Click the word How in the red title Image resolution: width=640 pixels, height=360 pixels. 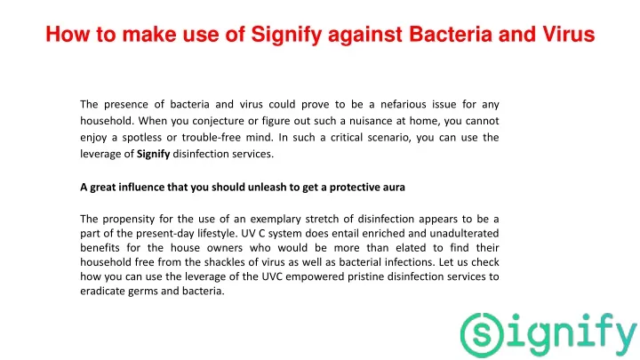[68, 34]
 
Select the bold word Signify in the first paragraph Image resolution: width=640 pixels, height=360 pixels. [154, 155]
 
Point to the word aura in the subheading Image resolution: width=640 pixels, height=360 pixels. [394, 188]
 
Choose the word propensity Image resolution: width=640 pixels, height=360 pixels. [128, 220]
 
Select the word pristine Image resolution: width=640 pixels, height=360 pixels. [365, 276]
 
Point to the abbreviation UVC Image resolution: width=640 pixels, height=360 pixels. [271, 276]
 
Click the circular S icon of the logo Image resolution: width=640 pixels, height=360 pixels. [482, 335]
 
